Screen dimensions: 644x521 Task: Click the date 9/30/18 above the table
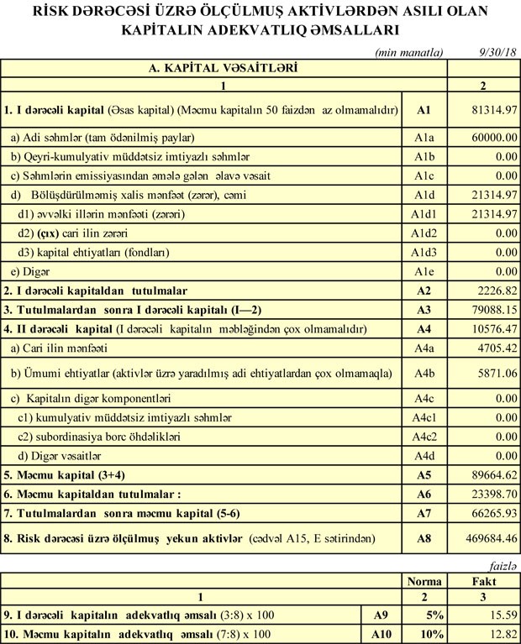point(496,51)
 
